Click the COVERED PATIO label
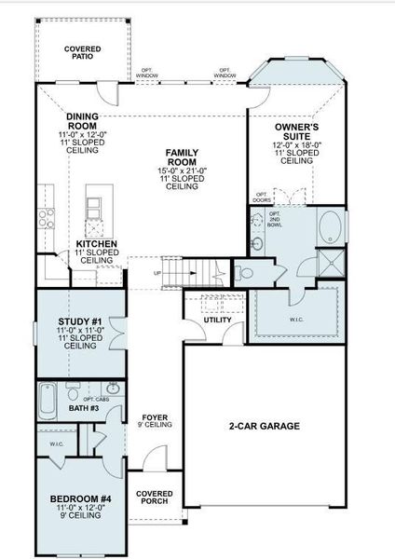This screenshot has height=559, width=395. point(83,52)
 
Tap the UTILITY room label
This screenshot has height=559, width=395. point(217,319)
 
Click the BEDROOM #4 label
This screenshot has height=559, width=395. point(80,500)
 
